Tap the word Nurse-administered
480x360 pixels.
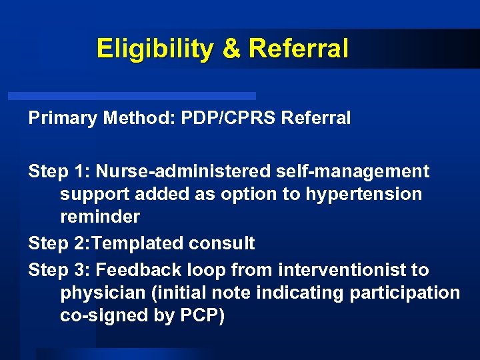point(181,172)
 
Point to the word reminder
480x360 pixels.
point(100,217)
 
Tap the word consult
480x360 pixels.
point(223,243)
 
